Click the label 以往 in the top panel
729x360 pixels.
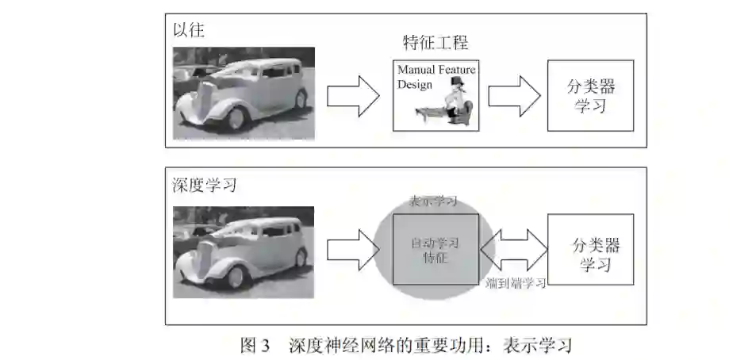pyautogui.click(x=189, y=31)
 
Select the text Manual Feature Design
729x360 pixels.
pyautogui.click(x=435, y=77)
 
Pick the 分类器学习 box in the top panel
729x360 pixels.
pyautogui.click(x=589, y=96)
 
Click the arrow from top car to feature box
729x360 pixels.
pyautogui.click(x=353, y=95)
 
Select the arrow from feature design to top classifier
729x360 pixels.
pyautogui.click(x=513, y=95)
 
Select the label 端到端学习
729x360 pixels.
pyautogui.click(x=515, y=283)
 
